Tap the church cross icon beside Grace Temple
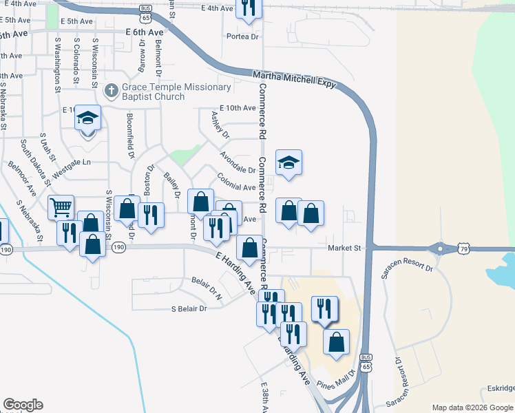point(111,91)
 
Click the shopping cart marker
point(61,206)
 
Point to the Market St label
point(344,248)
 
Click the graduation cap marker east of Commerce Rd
point(288,163)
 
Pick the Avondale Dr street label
point(238,165)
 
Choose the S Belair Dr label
point(189,309)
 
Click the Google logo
point(23,405)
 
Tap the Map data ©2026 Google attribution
point(472,407)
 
